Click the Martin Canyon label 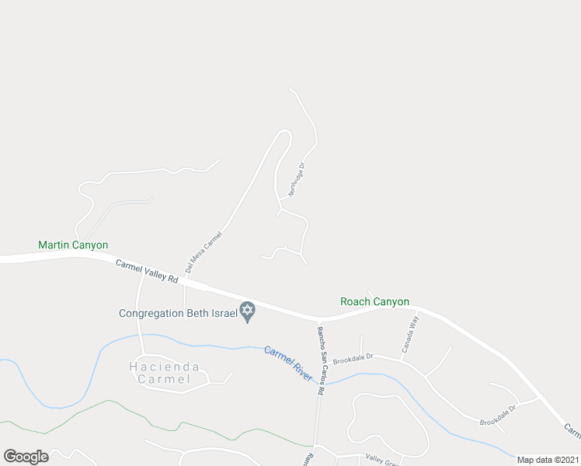pyautogui.click(x=73, y=245)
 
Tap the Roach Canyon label pyautogui.click(x=374, y=301)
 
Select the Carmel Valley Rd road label pyautogui.click(x=147, y=272)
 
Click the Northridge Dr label pyautogui.click(x=297, y=179)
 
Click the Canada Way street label pyautogui.click(x=409, y=333)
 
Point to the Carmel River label pyautogui.click(x=288, y=363)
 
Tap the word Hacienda pyautogui.click(x=164, y=367)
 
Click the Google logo pyautogui.click(x=26, y=457)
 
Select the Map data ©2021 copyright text pyautogui.click(x=547, y=460)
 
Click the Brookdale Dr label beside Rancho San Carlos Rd pyautogui.click(x=353, y=359)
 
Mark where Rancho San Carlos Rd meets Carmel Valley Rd pyautogui.click(x=318, y=318)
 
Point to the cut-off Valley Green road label pyautogui.click(x=381, y=461)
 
